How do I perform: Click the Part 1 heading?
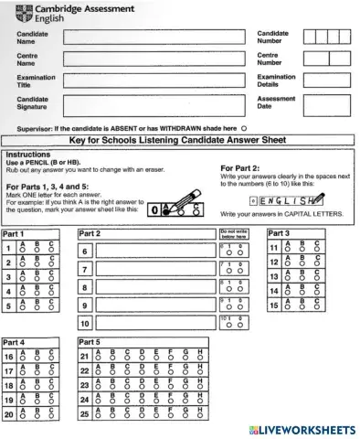click(14, 234)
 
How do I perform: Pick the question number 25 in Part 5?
click(84, 414)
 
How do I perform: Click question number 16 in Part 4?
click(9, 357)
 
